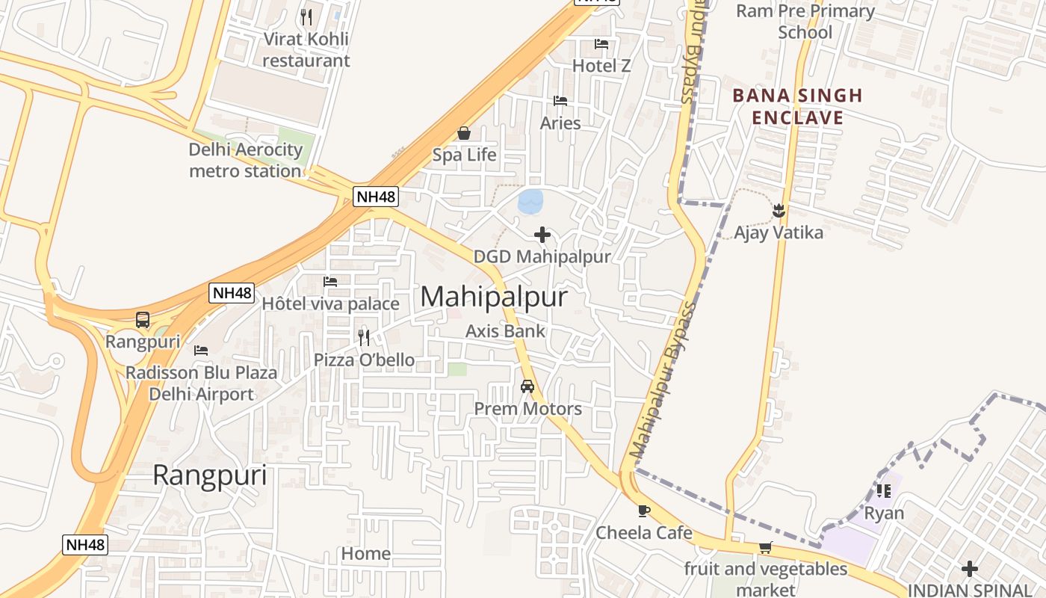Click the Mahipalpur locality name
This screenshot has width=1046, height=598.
pyautogui.click(x=494, y=297)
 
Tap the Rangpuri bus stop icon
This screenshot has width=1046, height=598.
pyautogui.click(x=143, y=320)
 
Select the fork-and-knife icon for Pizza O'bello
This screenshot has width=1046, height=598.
pyautogui.click(x=364, y=337)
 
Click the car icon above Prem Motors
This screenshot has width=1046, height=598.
pyautogui.click(x=527, y=386)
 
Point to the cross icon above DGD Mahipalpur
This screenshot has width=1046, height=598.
pyautogui.click(x=542, y=235)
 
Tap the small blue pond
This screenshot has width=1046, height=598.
pyautogui.click(x=530, y=200)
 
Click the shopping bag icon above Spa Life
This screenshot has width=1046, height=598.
pyautogui.click(x=464, y=133)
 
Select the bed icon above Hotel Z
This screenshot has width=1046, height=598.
pyautogui.click(x=601, y=44)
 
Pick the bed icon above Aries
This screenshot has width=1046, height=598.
pyautogui.click(x=560, y=101)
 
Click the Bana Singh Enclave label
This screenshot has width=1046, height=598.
pyautogui.click(x=797, y=106)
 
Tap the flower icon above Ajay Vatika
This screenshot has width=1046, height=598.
pyautogui.click(x=779, y=211)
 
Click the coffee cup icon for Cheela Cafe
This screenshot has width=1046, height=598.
pyautogui.click(x=644, y=511)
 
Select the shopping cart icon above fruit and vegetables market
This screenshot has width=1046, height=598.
pyautogui.click(x=765, y=548)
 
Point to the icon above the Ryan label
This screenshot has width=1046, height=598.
pyautogui.click(x=884, y=491)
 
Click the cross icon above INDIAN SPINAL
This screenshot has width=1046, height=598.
pyautogui.click(x=970, y=569)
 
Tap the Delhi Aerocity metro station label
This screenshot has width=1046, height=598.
pyautogui.click(x=245, y=160)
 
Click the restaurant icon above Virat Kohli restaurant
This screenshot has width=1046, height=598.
pyautogui.click(x=306, y=16)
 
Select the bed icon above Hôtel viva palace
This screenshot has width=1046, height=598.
pyautogui.click(x=330, y=282)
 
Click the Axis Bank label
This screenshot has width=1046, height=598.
pyautogui.click(x=505, y=331)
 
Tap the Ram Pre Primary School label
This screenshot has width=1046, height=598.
pyautogui.click(x=805, y=21)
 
